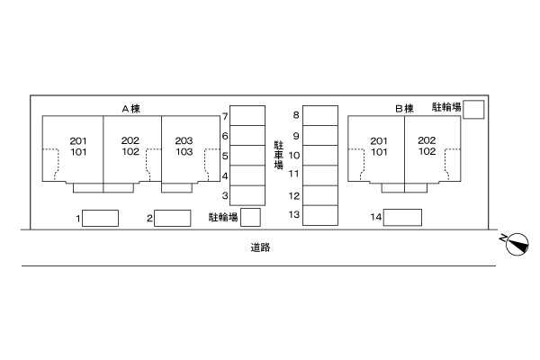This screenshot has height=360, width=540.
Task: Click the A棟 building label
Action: pos(130,109)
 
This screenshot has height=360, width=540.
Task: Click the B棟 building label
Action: pos(404,109)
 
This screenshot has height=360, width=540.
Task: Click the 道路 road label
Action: pos(260,247)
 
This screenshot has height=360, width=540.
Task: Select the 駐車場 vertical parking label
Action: pos(279,155)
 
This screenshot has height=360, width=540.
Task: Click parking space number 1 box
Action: pos(100,218)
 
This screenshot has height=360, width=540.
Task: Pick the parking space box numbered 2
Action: pos(173,218)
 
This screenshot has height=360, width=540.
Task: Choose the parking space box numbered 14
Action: pos(402,218)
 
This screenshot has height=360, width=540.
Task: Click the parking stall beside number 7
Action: pos(247,115)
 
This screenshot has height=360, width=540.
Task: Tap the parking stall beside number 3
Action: pos(247,195)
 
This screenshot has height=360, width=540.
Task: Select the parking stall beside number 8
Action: pos(320,115)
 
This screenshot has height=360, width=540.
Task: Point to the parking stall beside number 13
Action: pos(320,215)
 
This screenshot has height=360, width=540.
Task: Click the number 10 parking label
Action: pos(294,156)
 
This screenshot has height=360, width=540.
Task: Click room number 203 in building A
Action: pos(184,140)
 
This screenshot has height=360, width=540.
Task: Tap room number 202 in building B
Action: pos(427,140)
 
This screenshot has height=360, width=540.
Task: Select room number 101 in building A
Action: pos(78,152)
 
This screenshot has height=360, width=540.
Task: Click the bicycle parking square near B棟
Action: pos(473,110)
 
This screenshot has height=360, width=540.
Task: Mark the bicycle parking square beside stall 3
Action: pos(250,217)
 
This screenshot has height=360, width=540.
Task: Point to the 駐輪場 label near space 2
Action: pos(223,217)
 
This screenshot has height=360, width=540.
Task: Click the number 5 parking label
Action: pos(225,156)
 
